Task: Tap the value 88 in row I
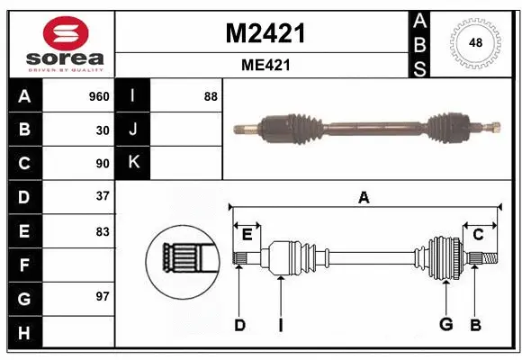[211, 96]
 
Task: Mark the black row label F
[23, 265]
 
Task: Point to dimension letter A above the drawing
[364, 197]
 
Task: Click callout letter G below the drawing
[444, 325]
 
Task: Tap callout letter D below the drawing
[239, 325]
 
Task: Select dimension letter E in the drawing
[247, 235]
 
